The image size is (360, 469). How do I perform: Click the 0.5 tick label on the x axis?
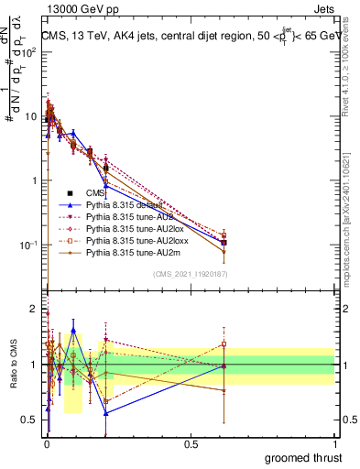click(x=191, y=442)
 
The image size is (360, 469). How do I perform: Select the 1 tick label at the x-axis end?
click(x=334, y=442)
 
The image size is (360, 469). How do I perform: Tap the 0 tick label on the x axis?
click(x=47, y=442)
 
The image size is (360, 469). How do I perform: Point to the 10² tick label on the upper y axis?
click(x=27, y=52)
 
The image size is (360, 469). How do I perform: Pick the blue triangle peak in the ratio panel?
click(x=73, y=330)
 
